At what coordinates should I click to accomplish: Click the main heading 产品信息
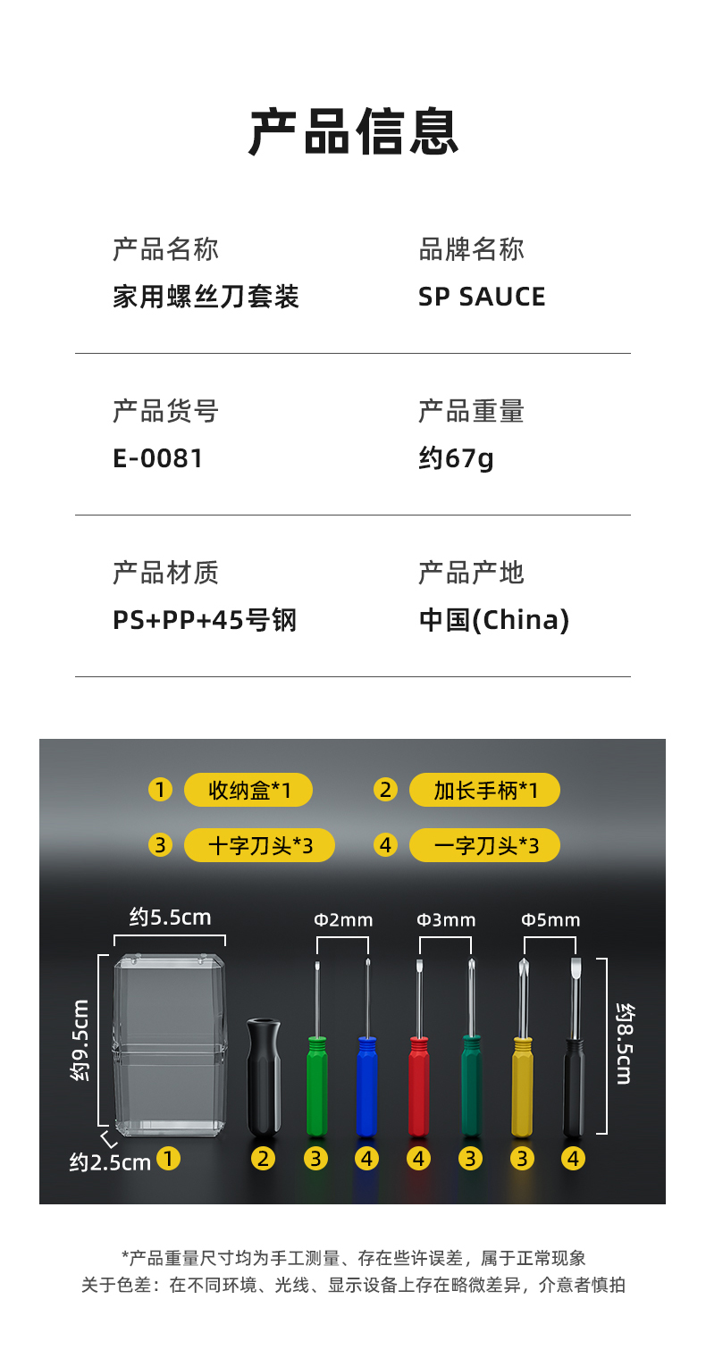353,132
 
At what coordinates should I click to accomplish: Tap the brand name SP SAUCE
481,297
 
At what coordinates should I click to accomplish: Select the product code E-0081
158,458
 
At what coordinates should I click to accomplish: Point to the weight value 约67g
456,458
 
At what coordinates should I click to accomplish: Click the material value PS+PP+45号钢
204,620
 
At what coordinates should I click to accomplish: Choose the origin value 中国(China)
493,620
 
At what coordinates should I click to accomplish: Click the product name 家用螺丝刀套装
206,297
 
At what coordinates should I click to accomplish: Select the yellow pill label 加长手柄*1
484,791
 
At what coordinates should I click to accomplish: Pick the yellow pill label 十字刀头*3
259,845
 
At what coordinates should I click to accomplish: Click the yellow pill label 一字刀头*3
484,845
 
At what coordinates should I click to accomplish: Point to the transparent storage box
169,1045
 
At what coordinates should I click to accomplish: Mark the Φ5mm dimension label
551,920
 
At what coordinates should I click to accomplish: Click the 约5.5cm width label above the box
170,917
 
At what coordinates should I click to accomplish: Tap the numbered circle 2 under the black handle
263,1159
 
